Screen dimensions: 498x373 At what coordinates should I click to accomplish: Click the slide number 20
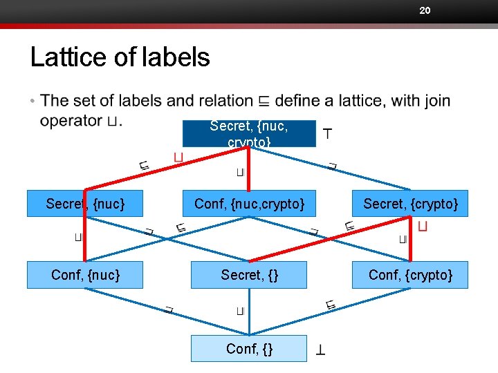[x=425, y=10]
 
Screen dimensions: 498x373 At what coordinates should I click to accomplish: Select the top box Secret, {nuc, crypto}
[x=249, y=133]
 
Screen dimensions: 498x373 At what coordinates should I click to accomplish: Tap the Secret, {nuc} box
[x=85, y=204]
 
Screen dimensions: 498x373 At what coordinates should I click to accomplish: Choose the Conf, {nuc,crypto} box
[x=250, y=204]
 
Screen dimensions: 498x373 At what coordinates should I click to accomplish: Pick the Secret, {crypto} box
[x=410, y=204]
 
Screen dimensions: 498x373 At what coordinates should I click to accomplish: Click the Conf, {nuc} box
[x=85, y=275]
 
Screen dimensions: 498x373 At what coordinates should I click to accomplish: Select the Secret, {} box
[x=250, y=275]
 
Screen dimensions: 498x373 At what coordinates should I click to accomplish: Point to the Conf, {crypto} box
[x=410, y=275]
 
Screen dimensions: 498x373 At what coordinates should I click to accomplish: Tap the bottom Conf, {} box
[x=249, y=349]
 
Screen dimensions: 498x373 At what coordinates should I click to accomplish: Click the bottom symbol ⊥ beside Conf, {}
[x=321, y=350]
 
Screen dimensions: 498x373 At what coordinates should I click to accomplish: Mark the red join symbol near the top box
[x=178, y=159]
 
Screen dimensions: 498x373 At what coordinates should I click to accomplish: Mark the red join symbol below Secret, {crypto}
[x=423, y=227]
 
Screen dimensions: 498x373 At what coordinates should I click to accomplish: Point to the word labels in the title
[x=176, y=57]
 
